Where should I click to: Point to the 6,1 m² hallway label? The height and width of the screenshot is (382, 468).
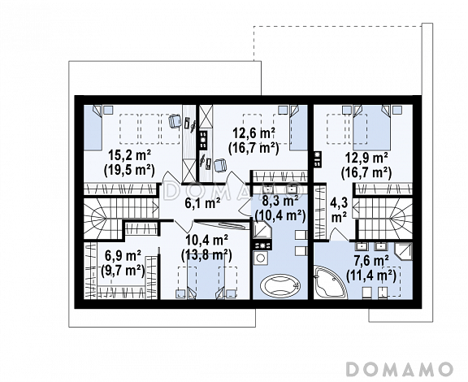click(x=202, y=203)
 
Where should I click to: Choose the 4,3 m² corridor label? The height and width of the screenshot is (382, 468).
click(x=339, y=211)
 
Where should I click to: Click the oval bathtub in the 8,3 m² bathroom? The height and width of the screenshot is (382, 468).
click(x=279, y=285)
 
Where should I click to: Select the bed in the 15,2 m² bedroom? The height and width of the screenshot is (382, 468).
click(x=93, y=128)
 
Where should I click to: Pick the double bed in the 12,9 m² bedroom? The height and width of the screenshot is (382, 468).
click(x=371, y=128)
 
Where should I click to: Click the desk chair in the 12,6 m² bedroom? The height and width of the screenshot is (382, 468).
click(x=220, y=165)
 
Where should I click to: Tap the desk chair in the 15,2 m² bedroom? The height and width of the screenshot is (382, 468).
click(x=175, y=121)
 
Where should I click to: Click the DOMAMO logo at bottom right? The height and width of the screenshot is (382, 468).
click(x=399, y=368)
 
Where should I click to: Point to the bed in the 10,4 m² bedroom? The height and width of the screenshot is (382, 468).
click(x=206, y=276)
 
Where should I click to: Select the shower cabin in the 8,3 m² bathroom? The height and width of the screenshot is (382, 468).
click(x=262, y=230)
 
